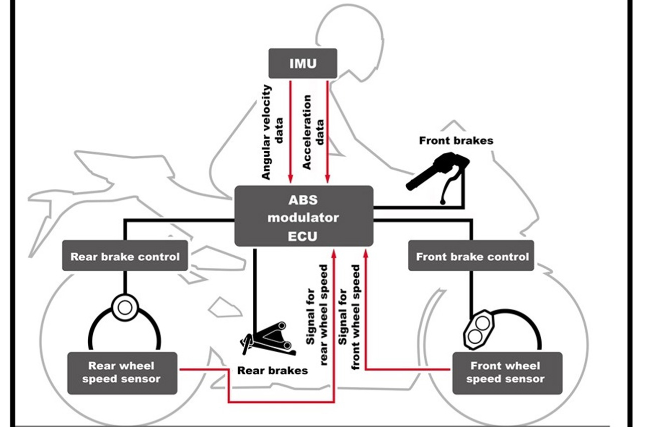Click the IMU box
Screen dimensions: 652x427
pos(303,63)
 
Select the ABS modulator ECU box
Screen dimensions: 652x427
pos(304,216)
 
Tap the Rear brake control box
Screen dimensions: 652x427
pos(125,256)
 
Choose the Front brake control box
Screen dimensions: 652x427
pos(471,256)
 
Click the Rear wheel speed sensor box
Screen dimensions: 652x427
pos(122,373)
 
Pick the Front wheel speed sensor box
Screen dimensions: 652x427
pos(508,373)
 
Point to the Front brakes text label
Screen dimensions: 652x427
pos(456,141)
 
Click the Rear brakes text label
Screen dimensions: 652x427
pos(272,370)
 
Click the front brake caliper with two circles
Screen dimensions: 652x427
pos(479,330)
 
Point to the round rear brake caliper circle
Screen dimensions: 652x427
pos(125,307)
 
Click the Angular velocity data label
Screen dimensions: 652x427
pos(272,132)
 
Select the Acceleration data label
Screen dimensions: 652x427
pos(313,132)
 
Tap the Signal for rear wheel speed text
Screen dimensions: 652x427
pos(316,315)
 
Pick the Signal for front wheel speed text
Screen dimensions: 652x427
pos(349,317)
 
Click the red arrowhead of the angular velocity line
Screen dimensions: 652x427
pos(290,179)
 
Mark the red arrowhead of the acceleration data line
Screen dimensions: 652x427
pos(328,179)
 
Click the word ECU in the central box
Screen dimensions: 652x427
pos(302,237)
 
